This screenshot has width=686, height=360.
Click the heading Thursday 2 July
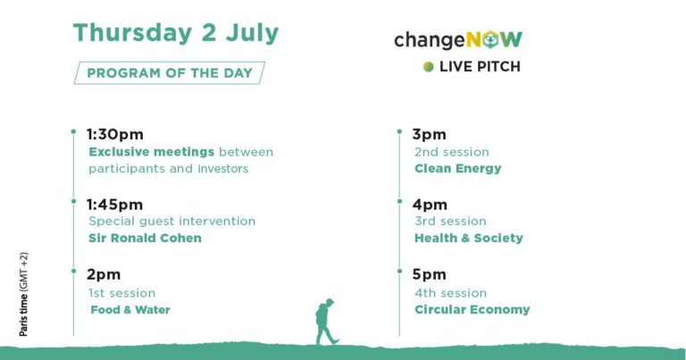coord(176,33)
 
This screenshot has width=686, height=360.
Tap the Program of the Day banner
coord(170,72)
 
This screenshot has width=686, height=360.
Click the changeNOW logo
coord(458,40)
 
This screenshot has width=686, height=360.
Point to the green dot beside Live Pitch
coord(429,66)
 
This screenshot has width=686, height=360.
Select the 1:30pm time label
coord(115,134)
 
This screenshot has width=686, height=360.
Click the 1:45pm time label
coord(114,205)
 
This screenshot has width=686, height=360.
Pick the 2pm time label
coord(104,275)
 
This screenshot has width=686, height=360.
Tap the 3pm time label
coord(429,135)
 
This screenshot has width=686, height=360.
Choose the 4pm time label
coord(430,205)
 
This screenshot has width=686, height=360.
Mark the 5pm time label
coord(429,275)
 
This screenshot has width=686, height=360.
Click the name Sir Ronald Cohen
coord(146,238)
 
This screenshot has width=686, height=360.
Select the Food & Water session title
coord(130,310)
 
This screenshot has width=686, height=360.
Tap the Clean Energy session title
coord(458,169)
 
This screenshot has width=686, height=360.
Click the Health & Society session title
coord(469,238)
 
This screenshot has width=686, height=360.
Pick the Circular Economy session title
coord(472,310)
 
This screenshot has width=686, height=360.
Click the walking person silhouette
coord(326,322)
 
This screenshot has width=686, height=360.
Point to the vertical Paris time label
coord(23,295)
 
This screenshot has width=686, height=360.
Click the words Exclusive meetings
coord(151,152)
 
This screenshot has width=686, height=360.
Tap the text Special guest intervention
coord(171,222)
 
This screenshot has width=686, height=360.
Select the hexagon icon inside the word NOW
coord(490,40)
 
